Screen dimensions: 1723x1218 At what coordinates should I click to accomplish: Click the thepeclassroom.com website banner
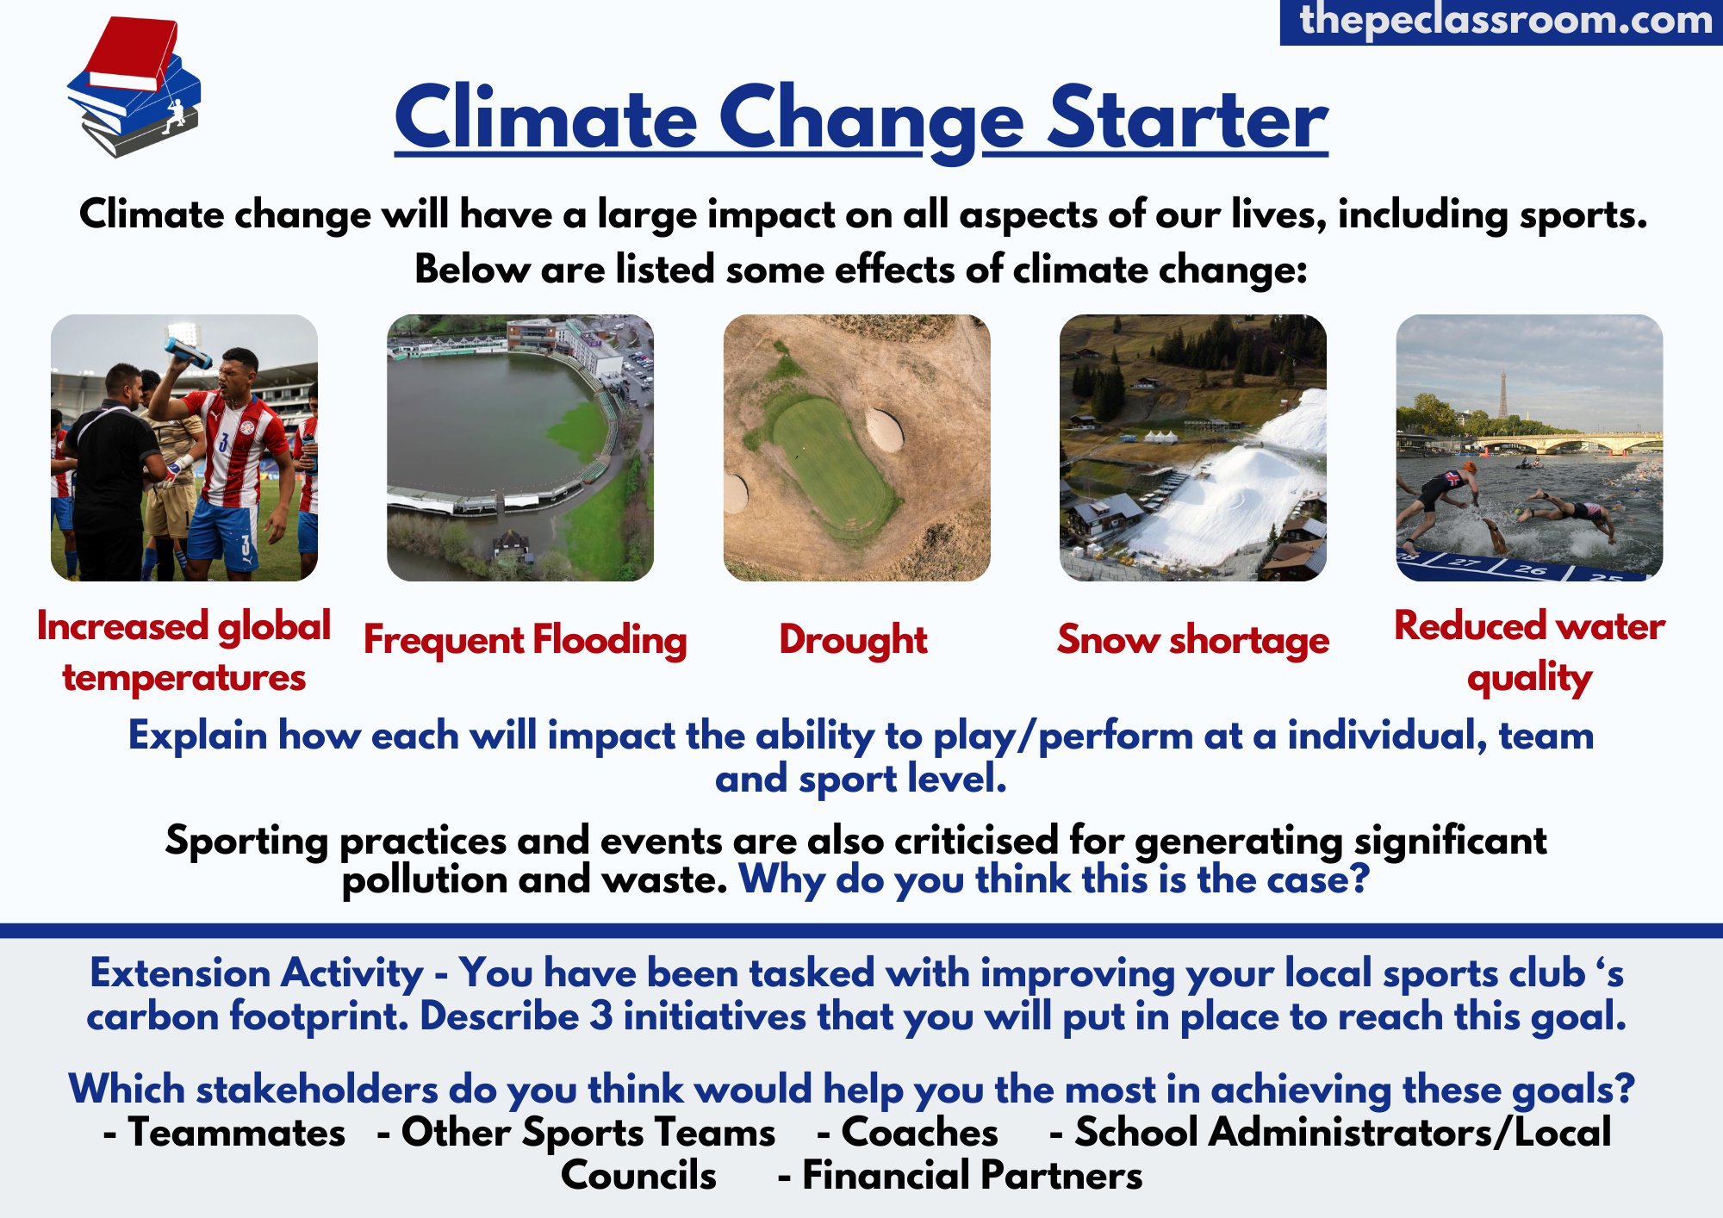click(x=1502, y=22)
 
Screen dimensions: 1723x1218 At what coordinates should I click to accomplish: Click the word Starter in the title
click(x=1188, y=119)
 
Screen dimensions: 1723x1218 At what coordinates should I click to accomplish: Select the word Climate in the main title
click(x=546, y=119)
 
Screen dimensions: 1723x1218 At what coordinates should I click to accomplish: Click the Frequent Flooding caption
click(x=526, y=640)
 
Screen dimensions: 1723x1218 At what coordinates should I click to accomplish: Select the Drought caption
click(x=854, y=640)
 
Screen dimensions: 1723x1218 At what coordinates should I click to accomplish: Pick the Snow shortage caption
click(x=1193, y=640)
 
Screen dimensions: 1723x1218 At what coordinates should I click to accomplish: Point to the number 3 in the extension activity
click(x=601, y=1016)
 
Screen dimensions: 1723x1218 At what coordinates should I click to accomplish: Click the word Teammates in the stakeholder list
click(x=237, y=1133)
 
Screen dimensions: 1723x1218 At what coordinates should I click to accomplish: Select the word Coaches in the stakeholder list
click(x=920, y=1133)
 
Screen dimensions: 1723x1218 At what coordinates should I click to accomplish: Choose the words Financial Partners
click(x=973, y=1176)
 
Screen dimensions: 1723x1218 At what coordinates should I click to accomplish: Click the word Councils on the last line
click(x=638, y=1176)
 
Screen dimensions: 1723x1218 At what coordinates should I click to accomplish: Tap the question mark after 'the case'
click(x=1359, y=879)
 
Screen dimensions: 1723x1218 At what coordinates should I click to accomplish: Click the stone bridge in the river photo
click(x=1568, y=444)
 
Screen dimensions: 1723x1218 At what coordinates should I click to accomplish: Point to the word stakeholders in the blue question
click(x=318, y=1090)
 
